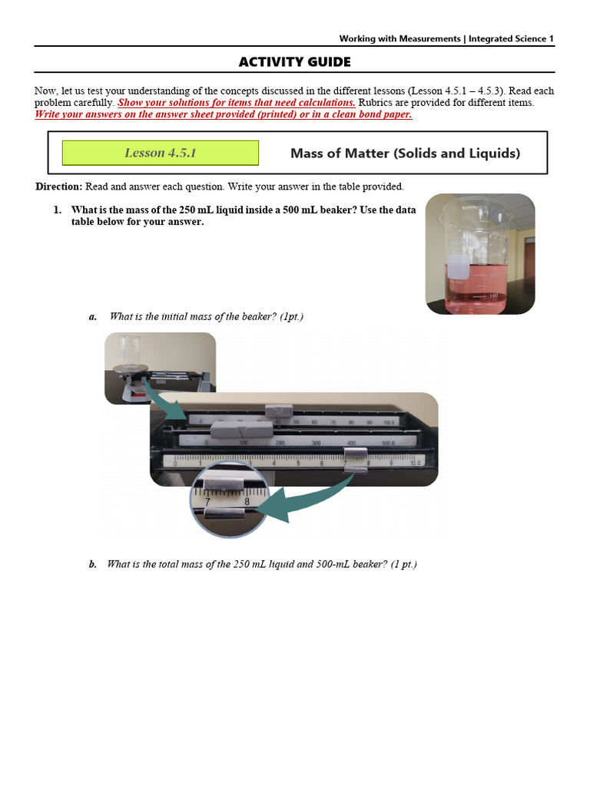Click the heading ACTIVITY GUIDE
[x=294, y=61]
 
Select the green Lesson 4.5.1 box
[x=160, y=153]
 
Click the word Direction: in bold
[x=59, y=187]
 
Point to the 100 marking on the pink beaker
[x=492, y=295]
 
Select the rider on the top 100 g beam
[x=274, y=413]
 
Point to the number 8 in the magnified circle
[x=247, y=502]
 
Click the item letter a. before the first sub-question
[x=93, y=316]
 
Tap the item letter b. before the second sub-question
[x=93, y=564]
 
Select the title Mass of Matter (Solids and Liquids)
[x=405, y=153]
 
